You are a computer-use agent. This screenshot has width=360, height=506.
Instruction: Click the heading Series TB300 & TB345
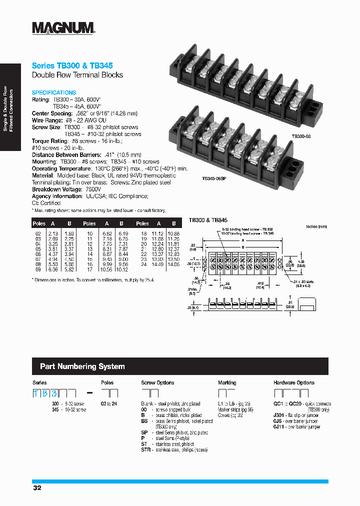[x=72, y=65]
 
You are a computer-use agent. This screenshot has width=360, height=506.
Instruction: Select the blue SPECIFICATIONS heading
[x=54, y=92]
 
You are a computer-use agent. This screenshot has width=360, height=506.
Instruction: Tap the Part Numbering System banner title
[x=82, y=366]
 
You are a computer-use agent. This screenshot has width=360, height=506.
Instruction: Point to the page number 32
[x=37, y=488]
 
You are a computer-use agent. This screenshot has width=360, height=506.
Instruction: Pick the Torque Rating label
[x=49, y=141]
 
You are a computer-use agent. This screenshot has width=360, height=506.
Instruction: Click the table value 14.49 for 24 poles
[x=158, y=264]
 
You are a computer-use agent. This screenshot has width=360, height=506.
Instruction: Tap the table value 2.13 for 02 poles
[x=53, y=233]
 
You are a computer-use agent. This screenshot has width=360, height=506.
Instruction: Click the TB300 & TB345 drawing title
[x=208, y=220]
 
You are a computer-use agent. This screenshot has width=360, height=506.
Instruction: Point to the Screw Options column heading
[x=157, y=382]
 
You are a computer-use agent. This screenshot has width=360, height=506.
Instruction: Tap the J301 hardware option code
[x=279, y=415]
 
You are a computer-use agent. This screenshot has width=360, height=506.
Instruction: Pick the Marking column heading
[x=227, y=382]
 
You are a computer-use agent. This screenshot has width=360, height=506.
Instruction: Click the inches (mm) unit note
[x=316, y=226]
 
